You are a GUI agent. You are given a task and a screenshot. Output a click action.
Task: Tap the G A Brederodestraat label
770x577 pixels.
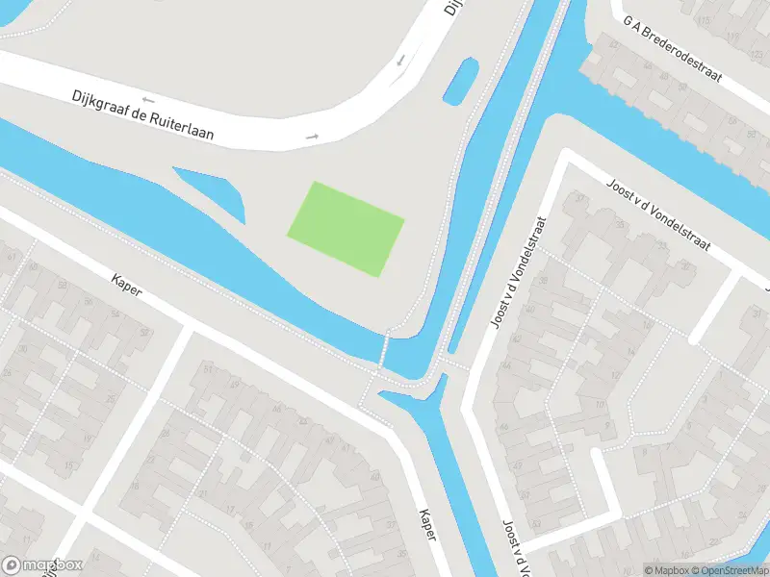(x=672, y=61)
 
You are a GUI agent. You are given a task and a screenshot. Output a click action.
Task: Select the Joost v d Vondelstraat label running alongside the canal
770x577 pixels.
(x=511, y=271)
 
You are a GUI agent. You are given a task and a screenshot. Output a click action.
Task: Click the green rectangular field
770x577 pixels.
(x=346, y=228)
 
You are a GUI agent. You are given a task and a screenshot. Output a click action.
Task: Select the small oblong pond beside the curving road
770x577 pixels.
(x=459, y=82)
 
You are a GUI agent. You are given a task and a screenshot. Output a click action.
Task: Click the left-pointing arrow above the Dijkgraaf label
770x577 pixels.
(x=147, y=98)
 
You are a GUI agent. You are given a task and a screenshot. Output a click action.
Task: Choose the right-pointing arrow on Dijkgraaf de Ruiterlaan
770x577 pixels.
(x=312, y=137)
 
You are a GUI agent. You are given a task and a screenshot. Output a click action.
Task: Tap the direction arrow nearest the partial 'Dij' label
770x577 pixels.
(x=401, y=62)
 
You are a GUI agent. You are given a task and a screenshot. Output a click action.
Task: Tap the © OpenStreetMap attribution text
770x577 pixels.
(x=729, y=570)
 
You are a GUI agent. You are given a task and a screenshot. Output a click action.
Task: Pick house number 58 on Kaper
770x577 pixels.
(x=62, y=286)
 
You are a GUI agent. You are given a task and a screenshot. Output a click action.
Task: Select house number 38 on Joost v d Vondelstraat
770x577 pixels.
(x=545, y=280)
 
